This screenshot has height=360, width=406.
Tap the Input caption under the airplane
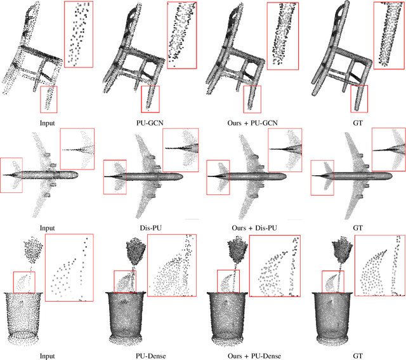click(46, 227)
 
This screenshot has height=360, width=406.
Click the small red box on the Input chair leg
click(48, 99)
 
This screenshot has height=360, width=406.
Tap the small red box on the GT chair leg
click(359, 99)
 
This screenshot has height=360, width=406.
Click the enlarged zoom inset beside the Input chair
click(79, 34)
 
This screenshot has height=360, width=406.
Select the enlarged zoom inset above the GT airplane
click(388, 149)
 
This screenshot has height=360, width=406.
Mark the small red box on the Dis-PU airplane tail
click(115, 177)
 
